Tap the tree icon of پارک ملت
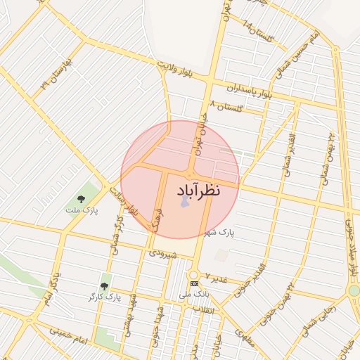(82, 198)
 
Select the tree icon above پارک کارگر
(105, 285)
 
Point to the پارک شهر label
(219, 231)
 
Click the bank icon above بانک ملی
(195, 283)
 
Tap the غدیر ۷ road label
(217, 279)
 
